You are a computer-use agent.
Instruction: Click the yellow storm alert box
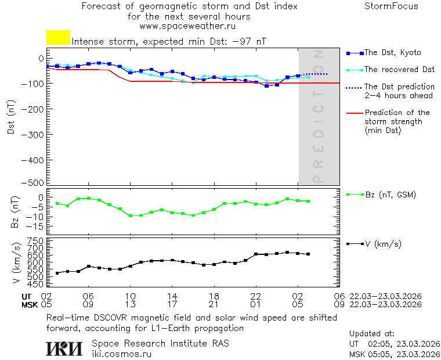coord(58,38)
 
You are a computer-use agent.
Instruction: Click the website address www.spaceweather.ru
coord(187,26)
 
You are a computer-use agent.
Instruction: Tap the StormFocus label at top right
coord(391,7)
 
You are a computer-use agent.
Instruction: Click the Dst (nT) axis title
coord(11,118)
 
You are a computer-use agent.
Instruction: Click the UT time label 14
coord(172,296)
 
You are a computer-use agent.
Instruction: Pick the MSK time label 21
coord(214,304)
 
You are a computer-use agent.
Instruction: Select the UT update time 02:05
coord(380,344)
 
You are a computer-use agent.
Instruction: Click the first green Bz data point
coord(57,203)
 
